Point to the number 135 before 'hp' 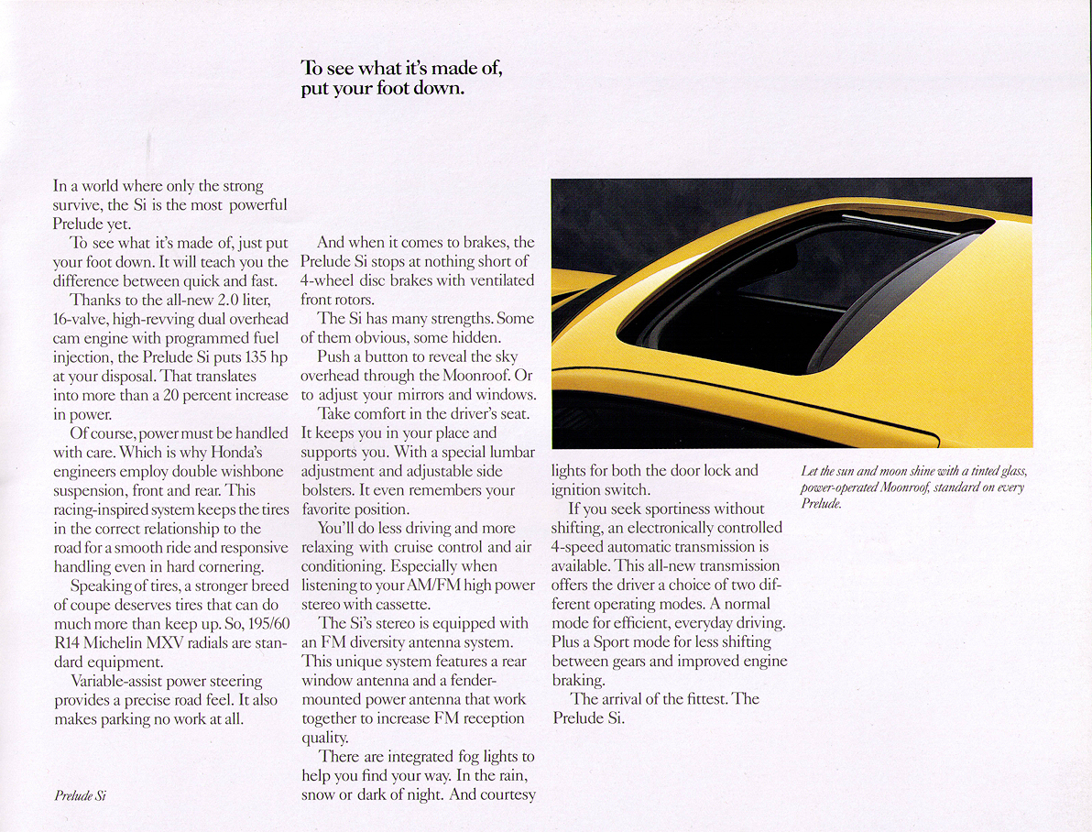coord(246,356)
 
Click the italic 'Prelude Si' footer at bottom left coord(80,796)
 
